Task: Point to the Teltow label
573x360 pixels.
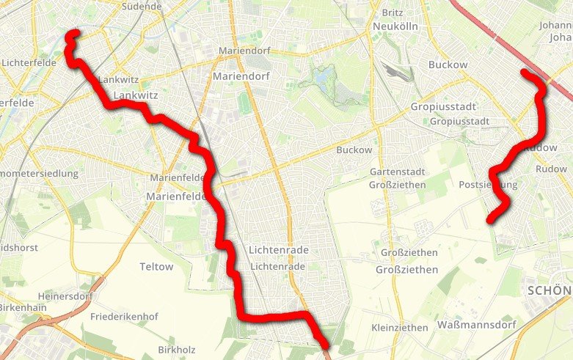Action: coord(156,267)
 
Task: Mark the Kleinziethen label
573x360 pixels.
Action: coord(400,327)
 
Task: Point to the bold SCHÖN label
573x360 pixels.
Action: coord(550,291)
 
